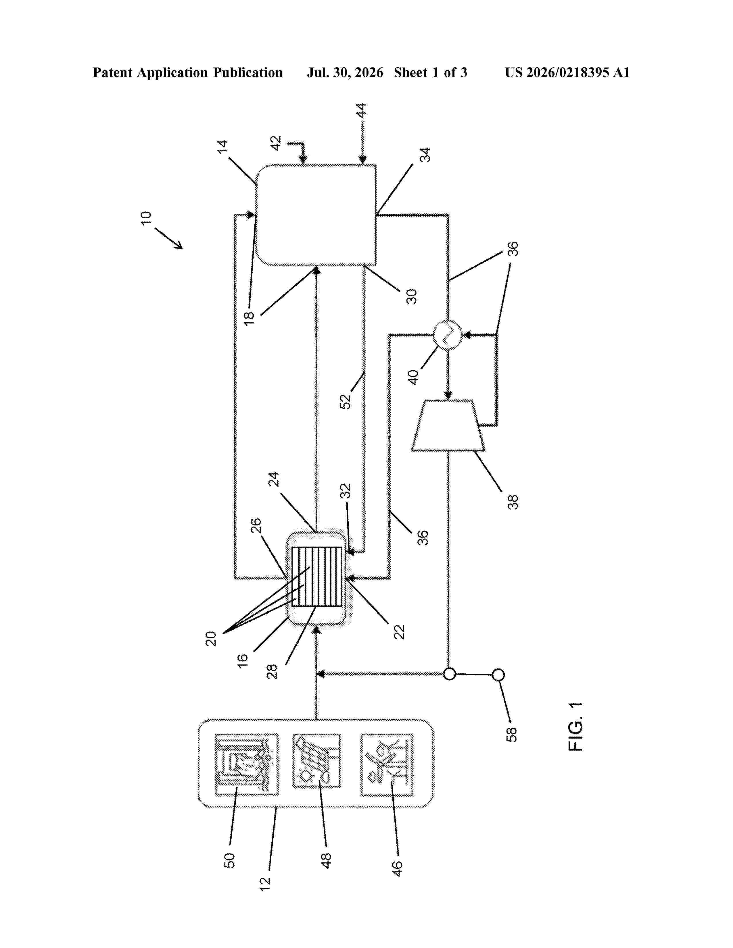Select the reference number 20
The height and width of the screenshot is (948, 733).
click(x=211, y=639)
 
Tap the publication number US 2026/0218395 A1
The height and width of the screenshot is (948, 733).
click(x=567, y=72)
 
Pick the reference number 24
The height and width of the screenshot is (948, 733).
click(x=274, y=479)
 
